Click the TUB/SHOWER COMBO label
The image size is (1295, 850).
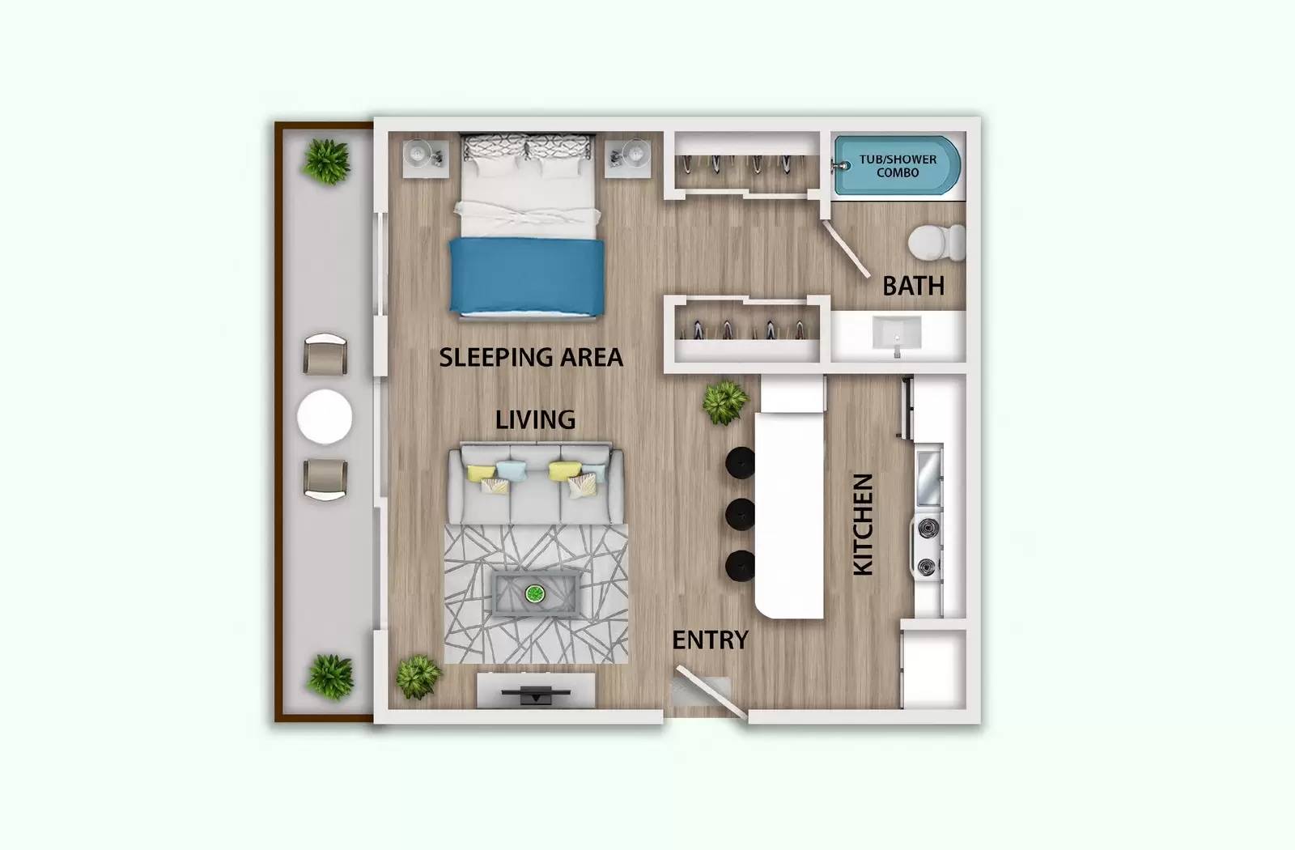(x=898, y=166)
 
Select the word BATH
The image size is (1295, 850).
(x=913, y=286)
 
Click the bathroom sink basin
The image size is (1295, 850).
(x=896, y=333)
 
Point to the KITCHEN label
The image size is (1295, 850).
(x=863, y=525)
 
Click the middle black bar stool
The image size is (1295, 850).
(x=740, y=513)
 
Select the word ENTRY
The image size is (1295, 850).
(x=710, y=640)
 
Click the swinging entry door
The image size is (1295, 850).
(x=711, y=693)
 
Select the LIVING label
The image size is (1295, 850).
(x=535, y=419)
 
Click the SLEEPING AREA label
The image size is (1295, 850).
(x=531, y=357)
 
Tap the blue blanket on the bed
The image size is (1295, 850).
(x=527, y=275)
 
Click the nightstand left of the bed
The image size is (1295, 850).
(x=425, y=158)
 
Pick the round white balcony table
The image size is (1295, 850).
(x=325, y=417)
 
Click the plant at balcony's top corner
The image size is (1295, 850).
(x=326, y=161)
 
